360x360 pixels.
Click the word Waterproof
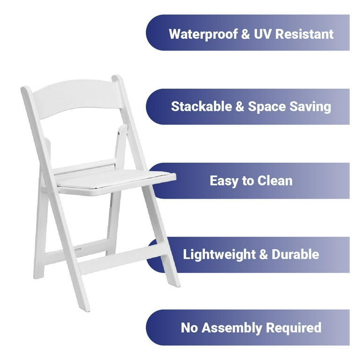pos(203,34)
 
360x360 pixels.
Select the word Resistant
pos(304,34)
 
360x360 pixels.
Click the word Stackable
pos(202,106)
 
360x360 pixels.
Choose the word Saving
pos(310,107)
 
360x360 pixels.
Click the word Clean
pos(275,180)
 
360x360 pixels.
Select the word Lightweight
pos(219,255)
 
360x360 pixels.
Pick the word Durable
pos(295,255)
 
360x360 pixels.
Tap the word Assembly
pos(232,328)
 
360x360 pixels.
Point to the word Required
pos(293,328)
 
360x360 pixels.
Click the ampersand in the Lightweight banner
pos(263,255)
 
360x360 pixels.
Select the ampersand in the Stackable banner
pos(240,107)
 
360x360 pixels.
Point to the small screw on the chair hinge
pos(119,134)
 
